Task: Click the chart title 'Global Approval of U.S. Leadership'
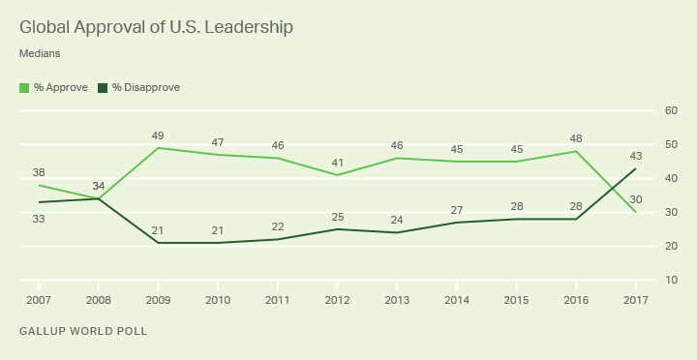pos(156,27)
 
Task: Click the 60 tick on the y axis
pos(670,111)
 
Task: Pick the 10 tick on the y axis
pos(670,281)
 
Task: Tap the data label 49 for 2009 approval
pos(158,135)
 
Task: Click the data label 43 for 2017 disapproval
pos(635,156)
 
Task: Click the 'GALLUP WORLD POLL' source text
pos(82,332)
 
